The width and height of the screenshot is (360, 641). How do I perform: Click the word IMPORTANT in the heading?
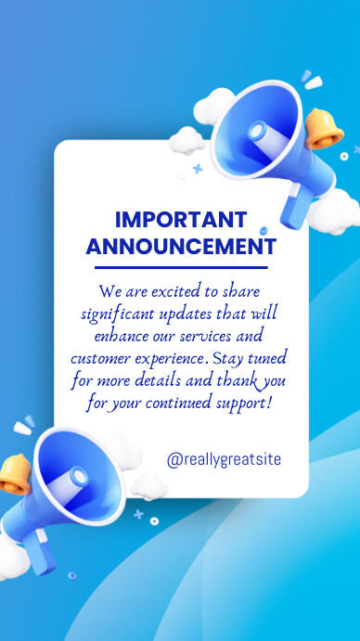[x=181, y=221]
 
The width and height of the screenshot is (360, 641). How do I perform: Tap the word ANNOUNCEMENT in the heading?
[x=181, y=247]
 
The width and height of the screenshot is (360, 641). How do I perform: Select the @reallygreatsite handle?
[x=224, y=459]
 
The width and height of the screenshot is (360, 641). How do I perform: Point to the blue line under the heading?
[x=181, y=267]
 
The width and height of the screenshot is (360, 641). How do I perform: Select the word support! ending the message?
[x=243, y=404]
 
